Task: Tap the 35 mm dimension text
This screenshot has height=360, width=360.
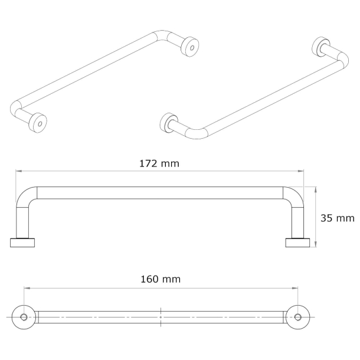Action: pos(337,218)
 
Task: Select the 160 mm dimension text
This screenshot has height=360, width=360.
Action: pos(161,279)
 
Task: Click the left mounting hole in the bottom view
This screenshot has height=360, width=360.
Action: pos(24,317)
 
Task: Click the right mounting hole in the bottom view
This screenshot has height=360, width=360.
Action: pos(299,317)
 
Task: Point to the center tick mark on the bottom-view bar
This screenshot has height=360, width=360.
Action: pos(161,317)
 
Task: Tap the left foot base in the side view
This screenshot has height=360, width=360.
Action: pos(24,242)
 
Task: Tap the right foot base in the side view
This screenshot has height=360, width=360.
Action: pos(297,242)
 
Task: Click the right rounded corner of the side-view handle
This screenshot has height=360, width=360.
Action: pos(294,197)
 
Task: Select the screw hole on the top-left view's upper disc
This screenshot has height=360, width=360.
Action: pos(192,45)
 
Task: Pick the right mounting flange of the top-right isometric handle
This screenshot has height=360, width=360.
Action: pos(322,47)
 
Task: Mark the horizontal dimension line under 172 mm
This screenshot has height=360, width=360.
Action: pos(161,172)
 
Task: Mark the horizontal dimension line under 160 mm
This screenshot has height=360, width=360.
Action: pos(161,289)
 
